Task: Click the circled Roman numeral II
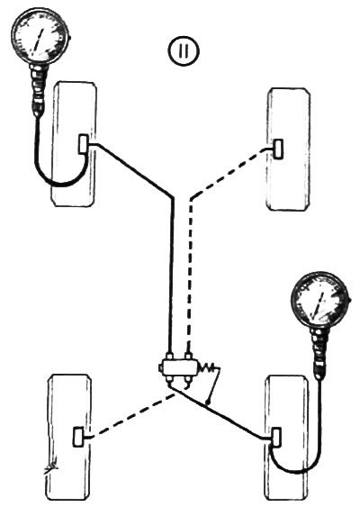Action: point(184,50)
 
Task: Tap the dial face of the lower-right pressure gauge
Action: point(319,301)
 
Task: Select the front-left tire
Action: point(74,144)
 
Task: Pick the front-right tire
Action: point(288,149)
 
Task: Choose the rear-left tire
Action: point(68,438)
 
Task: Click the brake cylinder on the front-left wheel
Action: point(83,144)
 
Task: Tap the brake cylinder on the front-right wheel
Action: point(279,149)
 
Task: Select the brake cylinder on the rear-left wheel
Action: point(78,437)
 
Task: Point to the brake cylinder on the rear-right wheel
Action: point(275,438)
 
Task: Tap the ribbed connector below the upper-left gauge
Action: point(39,89)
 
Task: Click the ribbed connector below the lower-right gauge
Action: point(319,355)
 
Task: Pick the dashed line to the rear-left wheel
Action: point(130,416)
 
